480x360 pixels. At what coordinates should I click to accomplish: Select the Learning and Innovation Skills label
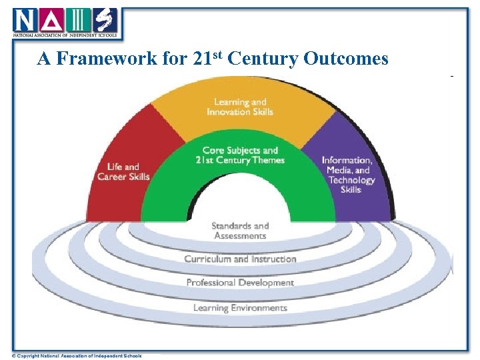tap(240, 107)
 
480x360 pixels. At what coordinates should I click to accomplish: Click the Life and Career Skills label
tap(123, 171)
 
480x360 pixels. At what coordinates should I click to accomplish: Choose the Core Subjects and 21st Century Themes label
tap(241, 155)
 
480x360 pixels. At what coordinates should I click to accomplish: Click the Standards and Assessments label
tap(240, 231)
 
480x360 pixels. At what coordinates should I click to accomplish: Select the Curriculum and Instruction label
tap(240, 259)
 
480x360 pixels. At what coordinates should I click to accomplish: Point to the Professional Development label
tap(240, 283)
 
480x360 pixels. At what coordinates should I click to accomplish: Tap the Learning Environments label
tap(240, 308)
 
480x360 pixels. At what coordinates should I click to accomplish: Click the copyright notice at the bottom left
tap(77, 355)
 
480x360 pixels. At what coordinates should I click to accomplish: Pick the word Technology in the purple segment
tap(352, 180)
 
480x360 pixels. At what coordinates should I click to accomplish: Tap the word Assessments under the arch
tap(240, 236)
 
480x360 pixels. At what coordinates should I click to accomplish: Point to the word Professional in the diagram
tap(209, 283)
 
